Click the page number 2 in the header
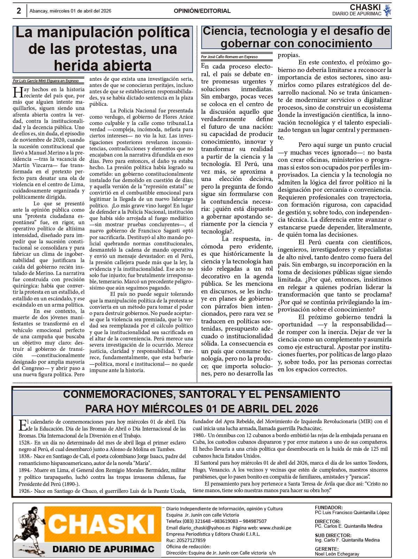pos(18,11)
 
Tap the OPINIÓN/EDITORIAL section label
pos(202,11)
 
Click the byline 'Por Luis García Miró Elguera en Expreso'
pos(46,81)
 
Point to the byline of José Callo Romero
pos(229,57)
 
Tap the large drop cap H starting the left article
pos(17,92)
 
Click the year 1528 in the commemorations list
pos(25,442)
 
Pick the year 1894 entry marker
pos(25,470)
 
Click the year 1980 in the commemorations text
pos(199,435)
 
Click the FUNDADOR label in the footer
pos(328,508)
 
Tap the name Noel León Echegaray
pos(337,554)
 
